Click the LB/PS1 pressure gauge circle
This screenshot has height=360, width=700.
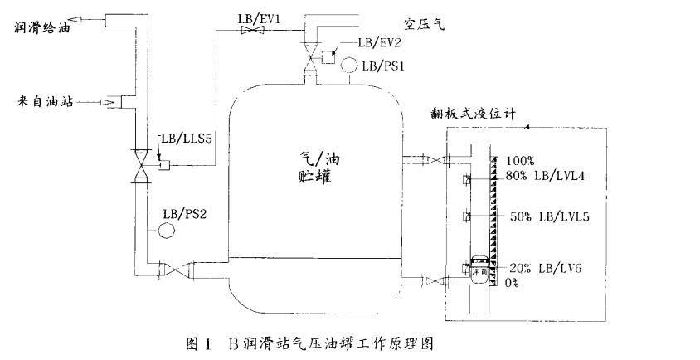coord(352,64)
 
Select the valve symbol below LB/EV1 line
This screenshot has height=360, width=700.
coord(248,31)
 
